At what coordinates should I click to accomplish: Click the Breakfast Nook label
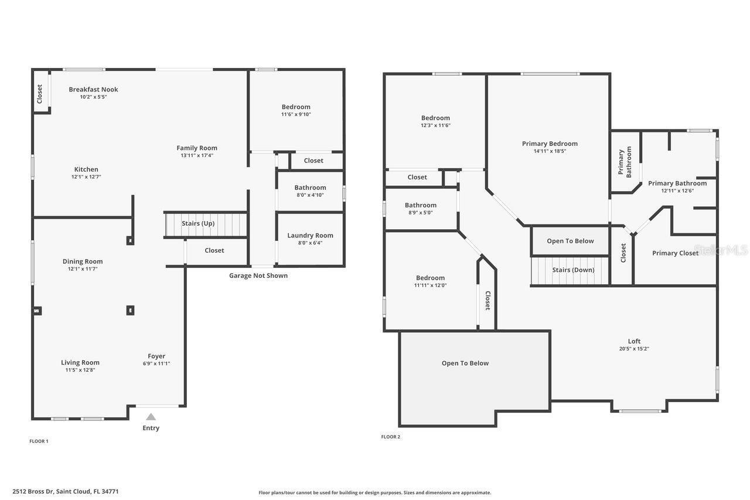93,90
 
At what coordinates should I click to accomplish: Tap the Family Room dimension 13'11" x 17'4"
197,155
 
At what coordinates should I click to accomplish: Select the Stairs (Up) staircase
205,224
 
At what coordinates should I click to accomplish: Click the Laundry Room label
310,236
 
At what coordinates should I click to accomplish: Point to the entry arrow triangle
151,417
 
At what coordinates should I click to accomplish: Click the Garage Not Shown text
258,275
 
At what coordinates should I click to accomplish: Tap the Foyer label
156,356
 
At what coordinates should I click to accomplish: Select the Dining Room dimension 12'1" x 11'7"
83,269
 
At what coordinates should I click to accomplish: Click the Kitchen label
86,169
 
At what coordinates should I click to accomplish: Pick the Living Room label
80,363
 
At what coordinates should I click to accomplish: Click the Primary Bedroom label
550,144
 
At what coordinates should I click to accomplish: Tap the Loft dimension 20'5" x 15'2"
634,349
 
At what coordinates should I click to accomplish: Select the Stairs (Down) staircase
570,271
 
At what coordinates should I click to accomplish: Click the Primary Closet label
675,253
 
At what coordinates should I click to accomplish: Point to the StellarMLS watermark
720,250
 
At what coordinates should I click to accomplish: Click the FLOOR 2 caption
391,437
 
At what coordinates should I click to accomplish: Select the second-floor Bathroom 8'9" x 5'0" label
421,205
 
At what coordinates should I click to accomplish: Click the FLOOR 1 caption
39,441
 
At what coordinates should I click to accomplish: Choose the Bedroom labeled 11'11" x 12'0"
430,278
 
